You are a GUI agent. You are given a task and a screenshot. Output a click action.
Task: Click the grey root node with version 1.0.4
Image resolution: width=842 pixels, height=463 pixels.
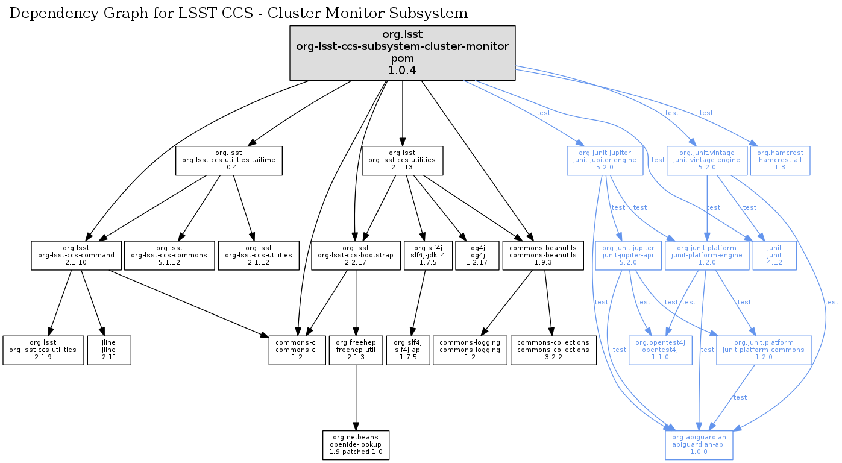tap(402, 53)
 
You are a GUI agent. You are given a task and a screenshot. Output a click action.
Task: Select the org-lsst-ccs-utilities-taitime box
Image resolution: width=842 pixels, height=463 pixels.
tap(229, 160)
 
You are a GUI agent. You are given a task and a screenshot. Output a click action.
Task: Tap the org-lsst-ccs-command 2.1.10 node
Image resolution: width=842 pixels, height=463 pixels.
tap(76, 255)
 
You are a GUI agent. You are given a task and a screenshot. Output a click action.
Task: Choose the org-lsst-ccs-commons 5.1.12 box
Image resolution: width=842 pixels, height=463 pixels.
tap(169, 255)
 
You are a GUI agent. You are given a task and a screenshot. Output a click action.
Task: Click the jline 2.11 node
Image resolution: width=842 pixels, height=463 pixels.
tap(108, 350)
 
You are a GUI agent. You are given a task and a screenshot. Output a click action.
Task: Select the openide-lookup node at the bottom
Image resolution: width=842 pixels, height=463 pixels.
tap(356, 445)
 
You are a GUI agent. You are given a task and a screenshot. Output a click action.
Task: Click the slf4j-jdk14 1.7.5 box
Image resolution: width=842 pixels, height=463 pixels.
tap(429, 255)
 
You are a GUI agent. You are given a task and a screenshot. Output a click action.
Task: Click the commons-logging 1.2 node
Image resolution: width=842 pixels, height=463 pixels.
tap(470, 350)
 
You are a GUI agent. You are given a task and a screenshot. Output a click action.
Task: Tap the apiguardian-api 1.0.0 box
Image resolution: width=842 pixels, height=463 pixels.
tap(699, 445)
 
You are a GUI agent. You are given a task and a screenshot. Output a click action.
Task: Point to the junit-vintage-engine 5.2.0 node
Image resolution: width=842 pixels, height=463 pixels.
tap(706, 160)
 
